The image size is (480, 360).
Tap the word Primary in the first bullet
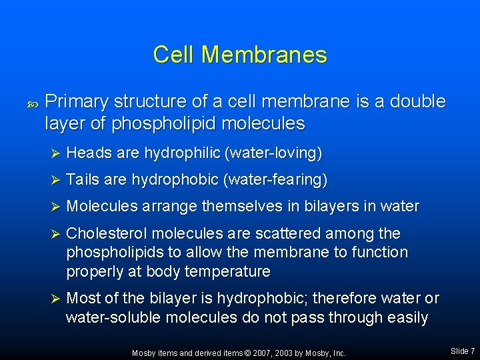(x=77, y=102)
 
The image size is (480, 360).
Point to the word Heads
(x=89, y=153)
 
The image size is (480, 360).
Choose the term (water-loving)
(x=274, y=153)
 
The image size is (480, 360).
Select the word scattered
(x=292, y=233)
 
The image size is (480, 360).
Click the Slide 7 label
(x=462, y=351)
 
